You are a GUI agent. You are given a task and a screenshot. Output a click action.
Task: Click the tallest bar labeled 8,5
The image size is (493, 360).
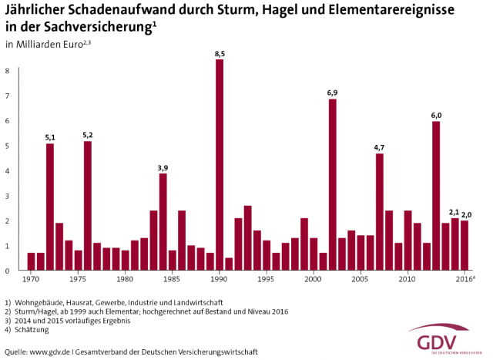tap(220, 165)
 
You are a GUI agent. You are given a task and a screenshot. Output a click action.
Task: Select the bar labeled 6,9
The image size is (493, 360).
tap(333, 185)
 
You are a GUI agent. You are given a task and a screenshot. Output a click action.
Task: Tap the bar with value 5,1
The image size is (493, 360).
tap(50, 207)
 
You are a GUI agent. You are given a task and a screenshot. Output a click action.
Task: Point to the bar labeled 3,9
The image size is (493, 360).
tap(163, 222)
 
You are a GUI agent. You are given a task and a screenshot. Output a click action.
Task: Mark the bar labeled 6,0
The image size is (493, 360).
tap(436, 196)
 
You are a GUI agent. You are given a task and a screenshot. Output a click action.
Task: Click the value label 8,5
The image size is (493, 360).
tap(220, 53)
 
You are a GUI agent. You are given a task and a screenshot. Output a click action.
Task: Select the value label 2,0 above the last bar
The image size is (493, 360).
tap(466, 214)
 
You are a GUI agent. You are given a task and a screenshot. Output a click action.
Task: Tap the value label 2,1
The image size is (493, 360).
tap(454, 211)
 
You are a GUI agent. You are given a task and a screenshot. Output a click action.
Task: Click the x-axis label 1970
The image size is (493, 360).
tap(32, 279)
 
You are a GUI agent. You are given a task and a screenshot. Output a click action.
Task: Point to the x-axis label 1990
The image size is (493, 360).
tap(220, 279)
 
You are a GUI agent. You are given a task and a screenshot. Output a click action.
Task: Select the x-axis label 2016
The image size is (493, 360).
tap(464, 279)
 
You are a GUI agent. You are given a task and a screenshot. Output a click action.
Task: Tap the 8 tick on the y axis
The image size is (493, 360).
tap(7, 72)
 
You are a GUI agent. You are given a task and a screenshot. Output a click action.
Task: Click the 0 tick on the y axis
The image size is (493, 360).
tap(7, 271)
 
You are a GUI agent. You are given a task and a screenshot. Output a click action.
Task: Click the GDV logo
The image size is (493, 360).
tap(438, 340)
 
